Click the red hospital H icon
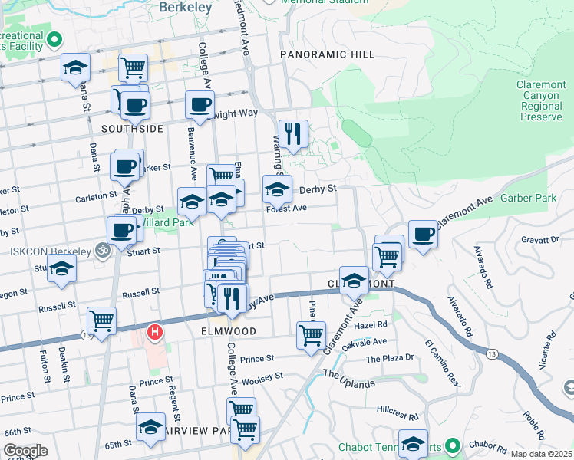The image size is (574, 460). [155, 333]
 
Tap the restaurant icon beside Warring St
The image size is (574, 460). [293, 134]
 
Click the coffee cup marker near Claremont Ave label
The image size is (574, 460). [423, 235]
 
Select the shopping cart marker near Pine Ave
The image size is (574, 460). [311, 335]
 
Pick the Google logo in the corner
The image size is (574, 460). [25, 451]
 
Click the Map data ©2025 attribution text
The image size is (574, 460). [541, 454]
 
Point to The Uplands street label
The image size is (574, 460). [348, 379]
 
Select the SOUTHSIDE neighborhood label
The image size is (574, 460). [132, 129]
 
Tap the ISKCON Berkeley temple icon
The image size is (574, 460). [100, 249]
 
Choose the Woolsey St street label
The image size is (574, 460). [262, 376]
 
